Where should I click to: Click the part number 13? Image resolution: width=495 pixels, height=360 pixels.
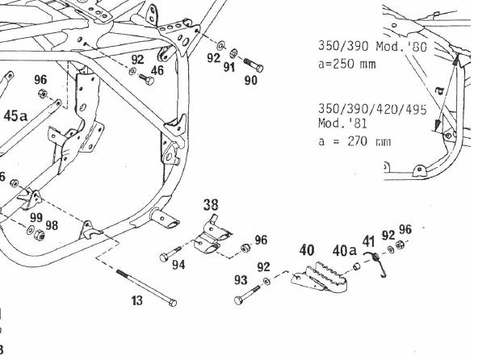(x=137, y=300)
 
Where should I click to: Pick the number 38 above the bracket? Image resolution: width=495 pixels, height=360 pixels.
(x=211, y=205)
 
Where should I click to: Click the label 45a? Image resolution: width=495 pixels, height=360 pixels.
(x=16, y=116)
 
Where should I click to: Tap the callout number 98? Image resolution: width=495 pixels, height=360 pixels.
(x=51, y=225)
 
